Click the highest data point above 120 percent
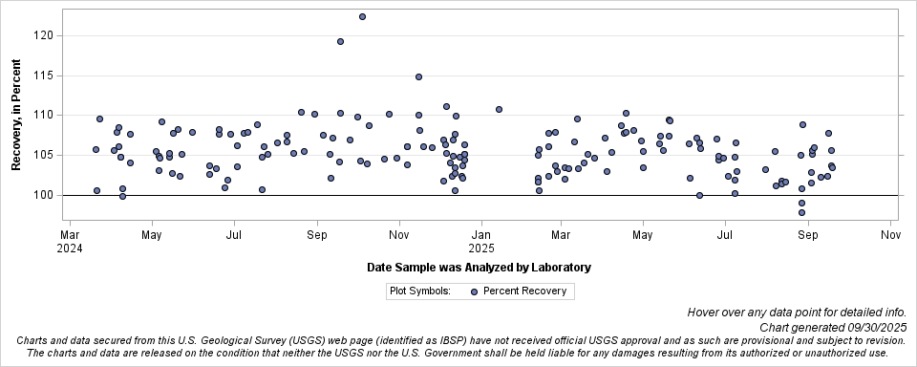pos(362,17)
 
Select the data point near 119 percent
pos(340,42)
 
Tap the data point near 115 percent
pos(418,77)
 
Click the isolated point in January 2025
pos(499,110)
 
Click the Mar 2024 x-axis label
pos(70,240)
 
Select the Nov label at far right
pos(890,234)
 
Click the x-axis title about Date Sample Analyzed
pos(479,268)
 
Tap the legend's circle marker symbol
pos(474,291)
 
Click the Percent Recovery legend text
pos(524,291)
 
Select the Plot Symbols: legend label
pos(419,291)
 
